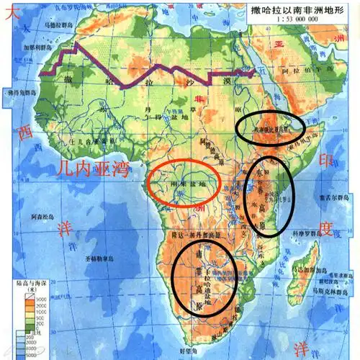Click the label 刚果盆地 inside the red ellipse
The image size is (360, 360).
click(186, 184)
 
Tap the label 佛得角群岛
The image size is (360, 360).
click(16, 93)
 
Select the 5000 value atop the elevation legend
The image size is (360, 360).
click(33, 297)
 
